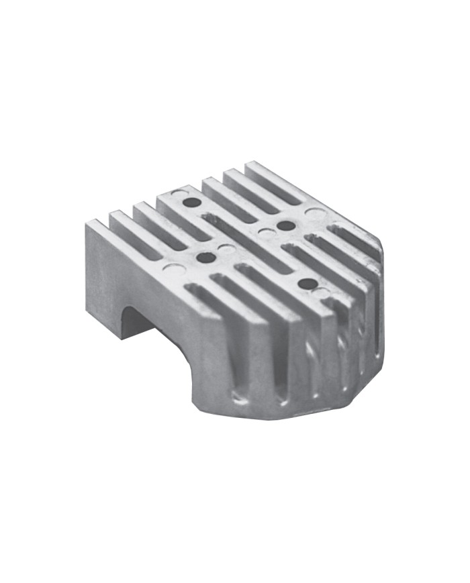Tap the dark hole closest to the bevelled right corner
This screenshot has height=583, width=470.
306,284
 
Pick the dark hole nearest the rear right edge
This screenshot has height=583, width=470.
286,225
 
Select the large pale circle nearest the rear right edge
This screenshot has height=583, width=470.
313,214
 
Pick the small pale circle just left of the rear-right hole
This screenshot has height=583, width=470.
267,233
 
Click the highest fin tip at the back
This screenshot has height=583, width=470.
252,163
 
